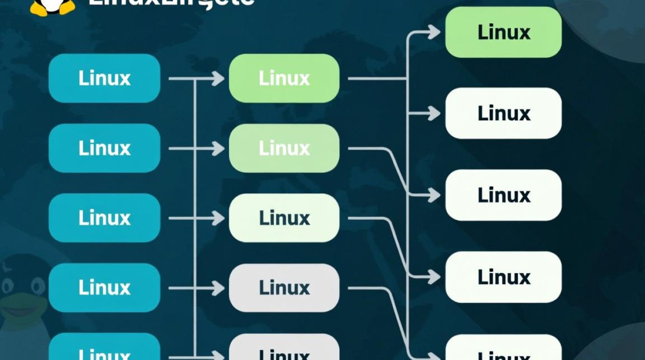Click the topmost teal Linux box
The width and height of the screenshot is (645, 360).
pyautogui.click(x=104, y=78)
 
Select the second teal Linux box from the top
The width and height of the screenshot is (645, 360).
pyautogui.click(x=104, y=148)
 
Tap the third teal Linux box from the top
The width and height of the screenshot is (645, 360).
pyautogui.click(x=104, y=218)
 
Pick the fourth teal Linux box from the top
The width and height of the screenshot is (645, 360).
pyautogui.click(x=104, y=288)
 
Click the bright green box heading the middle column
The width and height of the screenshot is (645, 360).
pyautogui.click(x=284, y=78)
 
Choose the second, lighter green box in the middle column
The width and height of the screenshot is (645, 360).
pyautogui.click(x=284, y=148)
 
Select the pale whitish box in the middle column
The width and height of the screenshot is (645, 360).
pyautogui.click(x=284, y=218)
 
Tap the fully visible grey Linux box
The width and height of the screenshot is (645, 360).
pyautogui.click(x=284, y=288)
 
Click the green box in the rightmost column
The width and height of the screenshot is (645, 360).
pyautogui.click(x=503, y=32)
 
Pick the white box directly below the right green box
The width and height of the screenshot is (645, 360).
pyautogui.click(x=503, y=113)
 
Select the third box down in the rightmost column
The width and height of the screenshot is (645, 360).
pyautogui.click(x=503, y=195)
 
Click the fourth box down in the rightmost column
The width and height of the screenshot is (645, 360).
pyautogui.click(x=503, y=277)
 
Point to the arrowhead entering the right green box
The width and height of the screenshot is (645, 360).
pyautogui.click(x=435, y=32)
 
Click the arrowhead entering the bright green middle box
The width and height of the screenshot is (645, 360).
pyautogui.click(x=219, y=78)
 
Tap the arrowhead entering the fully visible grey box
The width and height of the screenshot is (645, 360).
pyautogui.click(x=219, y=288)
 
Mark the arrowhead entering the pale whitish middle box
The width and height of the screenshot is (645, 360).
pyautogui.click(x=219, y=218)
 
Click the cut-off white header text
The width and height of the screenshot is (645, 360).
pyautogui.click(x=171, y=3)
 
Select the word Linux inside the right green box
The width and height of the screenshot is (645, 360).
pyautogui.click(x=503, y=32)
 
